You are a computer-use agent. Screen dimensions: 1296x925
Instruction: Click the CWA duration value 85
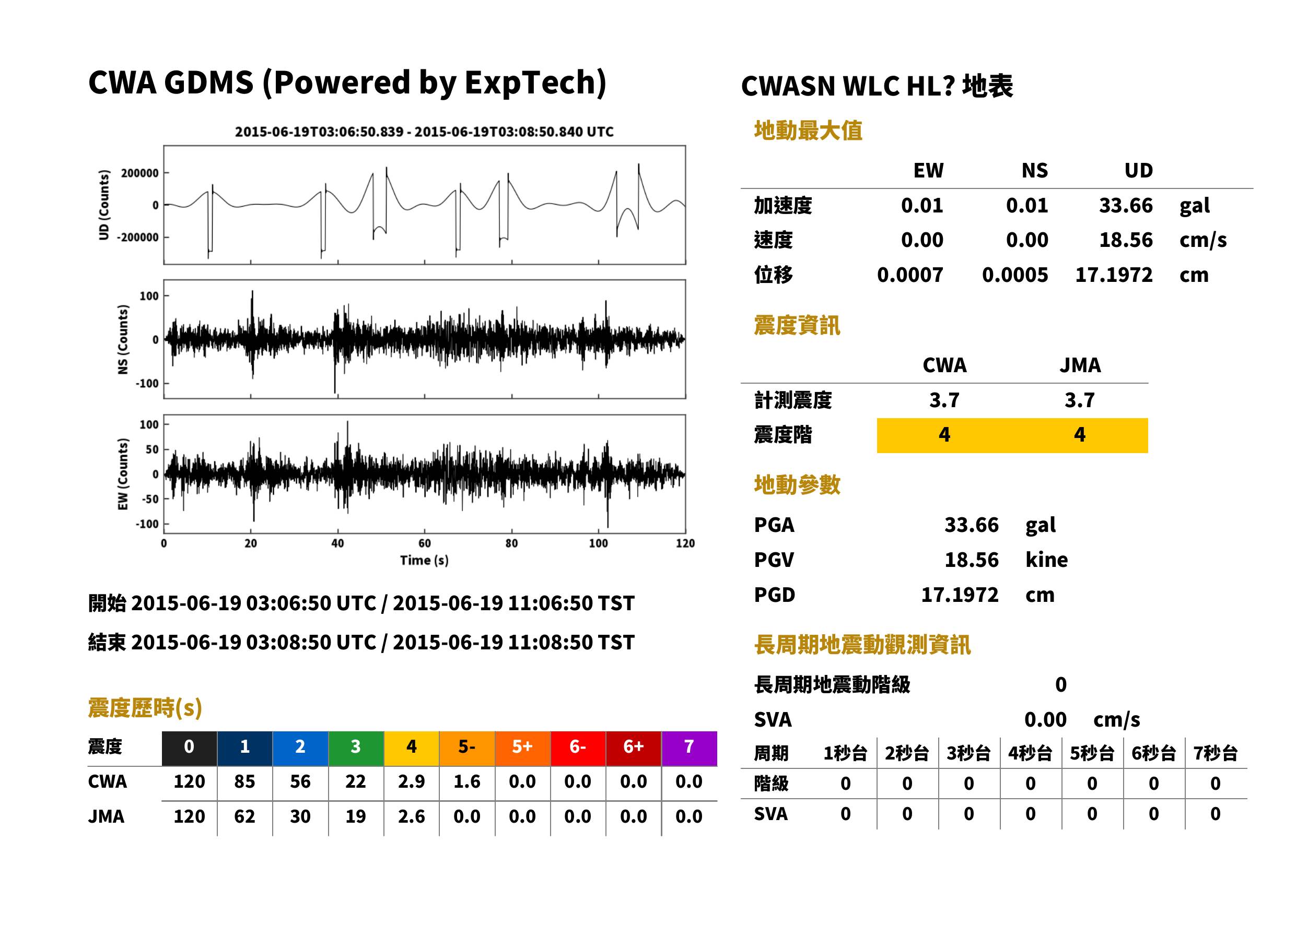244,781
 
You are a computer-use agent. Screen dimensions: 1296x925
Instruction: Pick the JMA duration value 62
244,816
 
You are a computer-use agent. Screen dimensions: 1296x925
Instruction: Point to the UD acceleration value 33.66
1126,206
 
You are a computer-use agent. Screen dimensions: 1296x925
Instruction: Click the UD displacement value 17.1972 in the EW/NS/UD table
1114,275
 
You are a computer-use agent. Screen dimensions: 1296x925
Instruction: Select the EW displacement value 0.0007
909,275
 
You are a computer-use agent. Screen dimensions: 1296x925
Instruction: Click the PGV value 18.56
971,560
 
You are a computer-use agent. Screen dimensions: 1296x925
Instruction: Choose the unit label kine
1046,560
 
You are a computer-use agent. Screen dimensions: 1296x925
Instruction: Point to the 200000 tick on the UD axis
139,173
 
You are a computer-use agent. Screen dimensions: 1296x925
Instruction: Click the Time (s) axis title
424,561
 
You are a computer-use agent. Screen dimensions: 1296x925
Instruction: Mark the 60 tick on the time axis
425,543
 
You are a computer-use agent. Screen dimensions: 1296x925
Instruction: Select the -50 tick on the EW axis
150,500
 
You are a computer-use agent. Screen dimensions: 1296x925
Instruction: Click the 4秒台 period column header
1030,754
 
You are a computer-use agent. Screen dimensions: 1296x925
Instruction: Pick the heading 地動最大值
808,131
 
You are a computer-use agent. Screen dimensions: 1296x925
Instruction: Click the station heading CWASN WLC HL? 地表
877,87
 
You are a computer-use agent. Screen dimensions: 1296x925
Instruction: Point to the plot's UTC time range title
424,132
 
